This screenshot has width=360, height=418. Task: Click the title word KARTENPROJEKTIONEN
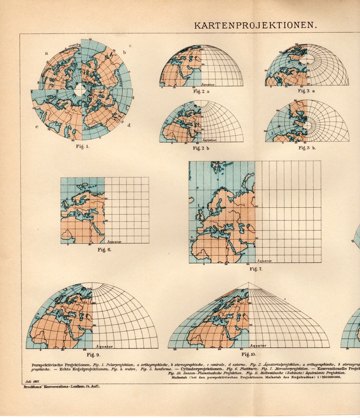[x=255, y=25]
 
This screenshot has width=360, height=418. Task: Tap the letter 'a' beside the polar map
[x=46, y=53]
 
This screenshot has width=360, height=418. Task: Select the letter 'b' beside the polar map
[x=125, y=53]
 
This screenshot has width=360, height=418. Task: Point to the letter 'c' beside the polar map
[x=37, y=126]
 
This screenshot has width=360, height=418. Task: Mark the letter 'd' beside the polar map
[x=129, y=125]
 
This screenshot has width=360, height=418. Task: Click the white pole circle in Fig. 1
[x=80, y=89]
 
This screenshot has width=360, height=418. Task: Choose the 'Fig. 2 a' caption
[x=201, y=92]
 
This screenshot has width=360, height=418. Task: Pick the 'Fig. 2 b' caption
[x=201, y=148]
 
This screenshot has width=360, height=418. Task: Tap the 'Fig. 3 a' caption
[x=306, y=91]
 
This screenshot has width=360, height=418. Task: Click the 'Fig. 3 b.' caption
[x=307, y=148]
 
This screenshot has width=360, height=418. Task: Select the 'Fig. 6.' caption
[x=104, y=250]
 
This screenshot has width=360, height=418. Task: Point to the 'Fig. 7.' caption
[x=256, y=269]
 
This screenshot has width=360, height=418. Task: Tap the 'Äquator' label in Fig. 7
[x=264, y=261]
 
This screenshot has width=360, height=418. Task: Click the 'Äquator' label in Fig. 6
[x=114, y=241]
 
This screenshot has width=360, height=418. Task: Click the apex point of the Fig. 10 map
[x=248, y=283]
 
